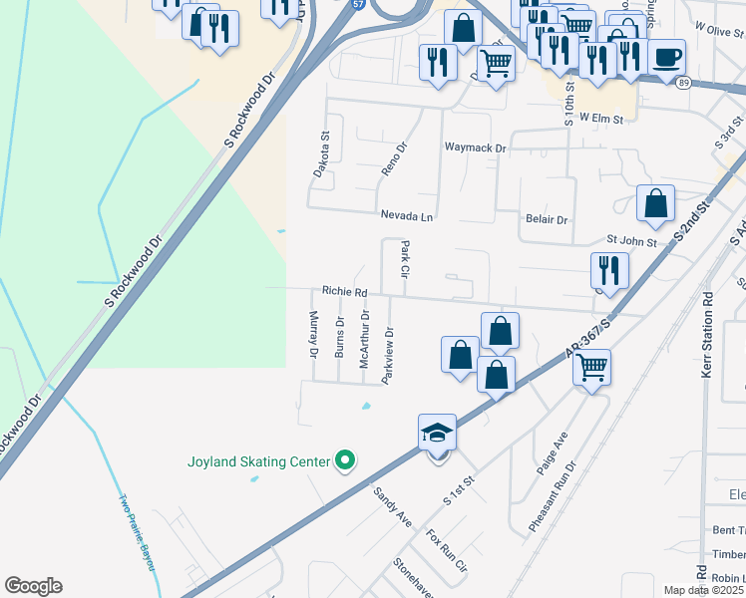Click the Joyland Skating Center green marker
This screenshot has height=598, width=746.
click(x=346, y=460)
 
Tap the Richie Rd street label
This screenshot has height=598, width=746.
click(x=344, y=292)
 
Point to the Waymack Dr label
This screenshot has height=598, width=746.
click(x=476, y=148)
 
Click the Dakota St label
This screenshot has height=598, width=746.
click(x=321, y=154)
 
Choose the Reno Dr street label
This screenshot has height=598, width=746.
click(x=396, y=158)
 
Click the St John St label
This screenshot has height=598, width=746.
click(x=632, y=241)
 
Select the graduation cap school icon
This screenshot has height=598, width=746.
click(x=437, y=433)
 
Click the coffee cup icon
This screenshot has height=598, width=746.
click(x=666, y=57)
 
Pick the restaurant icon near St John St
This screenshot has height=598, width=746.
click(x=608, y=269)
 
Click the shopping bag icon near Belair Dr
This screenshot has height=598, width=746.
click(x=655, y=203)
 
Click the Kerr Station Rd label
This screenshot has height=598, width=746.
click(x=708, y=330)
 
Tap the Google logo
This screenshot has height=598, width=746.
click(x=33, y=586)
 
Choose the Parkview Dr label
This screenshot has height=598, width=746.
click(x=389, y=355)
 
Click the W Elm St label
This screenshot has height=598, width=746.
click(x=601, y=119)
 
